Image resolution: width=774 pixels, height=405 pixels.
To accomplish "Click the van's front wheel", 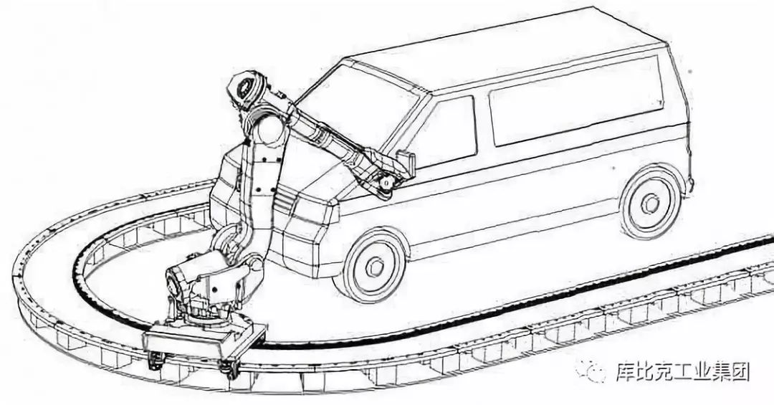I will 373,265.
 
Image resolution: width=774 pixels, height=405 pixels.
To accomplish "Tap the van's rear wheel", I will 651,203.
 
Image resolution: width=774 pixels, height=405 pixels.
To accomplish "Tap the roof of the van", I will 516,50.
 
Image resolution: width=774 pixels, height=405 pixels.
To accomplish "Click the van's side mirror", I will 406,164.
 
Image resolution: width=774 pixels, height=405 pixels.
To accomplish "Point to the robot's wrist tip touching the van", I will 387,184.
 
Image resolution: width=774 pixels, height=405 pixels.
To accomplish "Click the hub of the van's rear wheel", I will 651,204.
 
